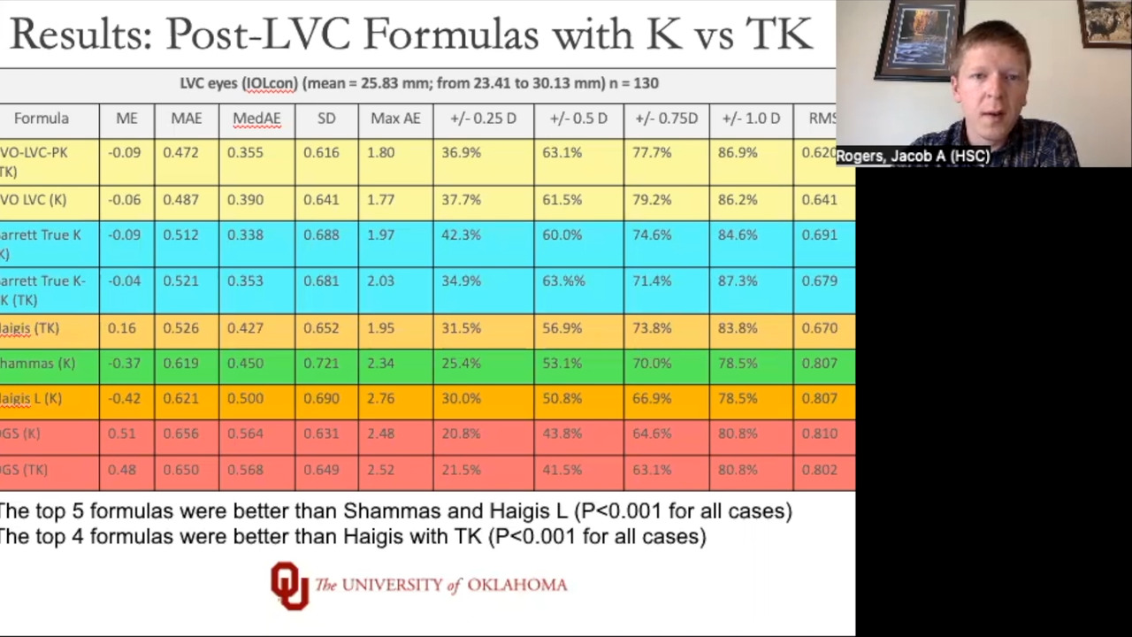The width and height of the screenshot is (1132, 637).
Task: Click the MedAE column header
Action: coord(256,119)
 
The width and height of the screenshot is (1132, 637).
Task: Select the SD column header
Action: coord(326,119)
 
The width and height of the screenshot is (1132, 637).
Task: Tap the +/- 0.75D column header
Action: coord(665,119)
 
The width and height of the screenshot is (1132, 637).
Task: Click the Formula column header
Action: coord(42,119)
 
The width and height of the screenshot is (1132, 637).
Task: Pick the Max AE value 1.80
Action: coord(381,153)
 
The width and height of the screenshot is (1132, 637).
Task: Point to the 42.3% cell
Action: coord(461,235)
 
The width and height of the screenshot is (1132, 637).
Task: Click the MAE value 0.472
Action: coord(180,153)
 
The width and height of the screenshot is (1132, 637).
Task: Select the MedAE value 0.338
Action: coord(245,235)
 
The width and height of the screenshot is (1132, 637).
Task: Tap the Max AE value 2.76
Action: coord(381,399)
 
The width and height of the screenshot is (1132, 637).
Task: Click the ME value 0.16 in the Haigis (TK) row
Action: coord(122,328)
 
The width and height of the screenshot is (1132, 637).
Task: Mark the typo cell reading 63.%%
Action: coord(563,281)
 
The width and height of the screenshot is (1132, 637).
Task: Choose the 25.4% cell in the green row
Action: coord(461,364)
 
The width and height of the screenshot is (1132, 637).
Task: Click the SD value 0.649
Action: coord(321,470)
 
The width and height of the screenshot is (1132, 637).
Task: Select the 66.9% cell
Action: coord(652,399)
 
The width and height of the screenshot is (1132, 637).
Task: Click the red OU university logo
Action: coord(289,585)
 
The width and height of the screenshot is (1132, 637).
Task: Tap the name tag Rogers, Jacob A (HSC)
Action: coord(913,157)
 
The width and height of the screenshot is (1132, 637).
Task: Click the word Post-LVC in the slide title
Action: coord(260,35)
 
